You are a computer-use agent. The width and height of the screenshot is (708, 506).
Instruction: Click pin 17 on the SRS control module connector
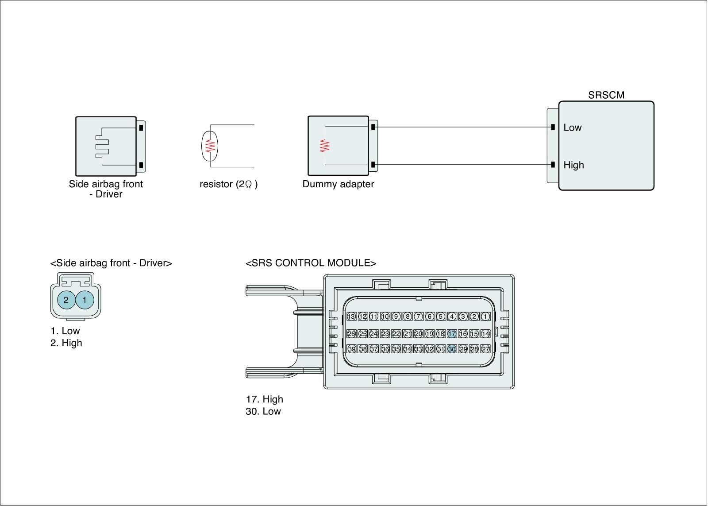pyautogui.click(x=452, y=334)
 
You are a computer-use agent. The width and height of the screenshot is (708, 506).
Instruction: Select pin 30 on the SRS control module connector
pyautogui.click(x=452, y=349)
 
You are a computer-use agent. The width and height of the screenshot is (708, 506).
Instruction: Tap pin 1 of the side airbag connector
pyautogui.click(x=85, y=300)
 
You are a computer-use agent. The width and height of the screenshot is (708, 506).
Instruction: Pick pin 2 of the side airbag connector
pyautogui.click(x=66, y=300)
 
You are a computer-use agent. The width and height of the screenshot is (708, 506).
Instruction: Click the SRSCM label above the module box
pyautogui.click(x=606, y=95)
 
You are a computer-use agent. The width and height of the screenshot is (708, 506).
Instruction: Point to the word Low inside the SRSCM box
pyautogui.click(x=572, y=127)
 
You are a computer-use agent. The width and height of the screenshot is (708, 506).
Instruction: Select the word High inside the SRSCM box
pyautogui.click(x=573, y=165)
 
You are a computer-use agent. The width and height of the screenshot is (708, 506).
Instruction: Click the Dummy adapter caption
pyautogui.click(x=338, y=184)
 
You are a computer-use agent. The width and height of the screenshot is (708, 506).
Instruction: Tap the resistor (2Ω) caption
pyautogui.click(x=228, y=184)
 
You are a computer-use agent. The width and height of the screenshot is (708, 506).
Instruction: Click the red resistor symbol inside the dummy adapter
pyautogui.click(x=325, y=146)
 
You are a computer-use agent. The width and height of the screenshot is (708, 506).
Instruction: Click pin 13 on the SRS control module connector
pyautogui.click(x=351, y=317)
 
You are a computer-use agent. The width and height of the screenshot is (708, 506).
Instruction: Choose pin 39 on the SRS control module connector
pyautogui.click(x=351, y=349)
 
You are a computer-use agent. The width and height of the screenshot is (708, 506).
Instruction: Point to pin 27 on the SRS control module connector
pyautogui.click(x=485, y=349)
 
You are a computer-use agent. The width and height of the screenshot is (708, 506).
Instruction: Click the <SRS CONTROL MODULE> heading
pyautogui.click(x=311, y=263)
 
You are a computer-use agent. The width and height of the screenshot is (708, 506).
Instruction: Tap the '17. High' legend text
pyautogui.click(x=264, y=399)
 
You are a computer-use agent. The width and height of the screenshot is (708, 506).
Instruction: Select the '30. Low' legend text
pyautogui.click(x=263, y=411)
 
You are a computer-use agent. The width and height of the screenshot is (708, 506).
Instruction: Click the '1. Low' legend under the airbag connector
pyautogui.click(x=65, y=331)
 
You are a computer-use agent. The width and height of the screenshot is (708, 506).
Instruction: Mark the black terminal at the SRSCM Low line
pyautogui.click(x=553, y=127)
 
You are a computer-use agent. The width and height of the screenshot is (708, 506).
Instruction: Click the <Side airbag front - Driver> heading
pyautogui.click(x=111, y=263)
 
